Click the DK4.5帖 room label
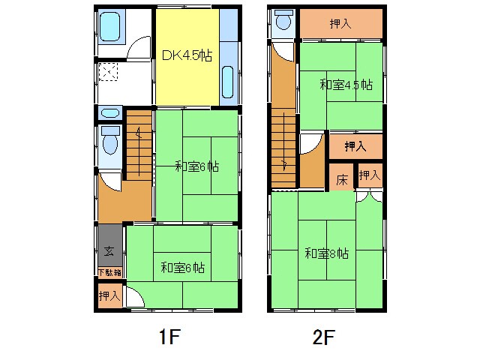click(x=187, y=55)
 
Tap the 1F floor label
click(x=169, y=337)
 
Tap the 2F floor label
click(x=323, y=337)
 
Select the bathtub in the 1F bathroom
click(x=109, y=27)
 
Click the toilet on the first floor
click(x=110, y=140)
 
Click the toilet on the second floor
click(x=283, y=20)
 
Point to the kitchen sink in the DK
click(x=227, y=82)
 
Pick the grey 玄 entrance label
click(x=109, y=251)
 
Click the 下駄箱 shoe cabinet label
click(x=110, y=272)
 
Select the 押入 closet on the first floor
click(x=109, y=295)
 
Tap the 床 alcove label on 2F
click(x=342, y=180)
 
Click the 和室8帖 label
click(x=327, y=253)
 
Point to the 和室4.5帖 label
click(x=346, y=85)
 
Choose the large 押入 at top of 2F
click(x=340, y=23)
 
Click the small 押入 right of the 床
click(x=370, y=175)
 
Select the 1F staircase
click(x=139, y=145)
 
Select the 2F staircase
click(x=283, y=148)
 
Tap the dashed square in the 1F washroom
click(x=108, y=72)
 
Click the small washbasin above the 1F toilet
click(x=110, y=113)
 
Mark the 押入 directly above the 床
click(x=355, y=146)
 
